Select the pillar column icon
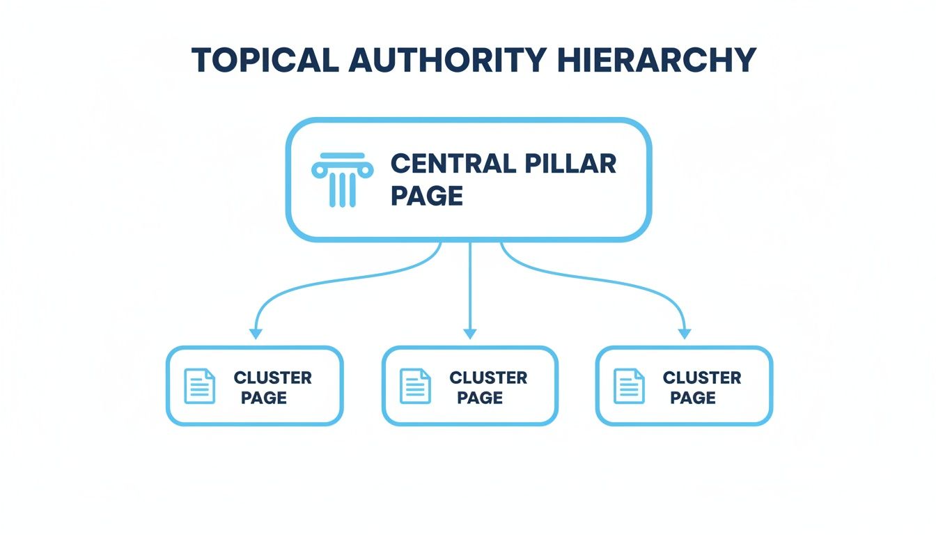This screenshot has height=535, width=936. click(x=342, y=180)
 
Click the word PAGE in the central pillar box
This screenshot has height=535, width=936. click(x=426, y=196)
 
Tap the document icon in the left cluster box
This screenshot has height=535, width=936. click(x=199, y=386)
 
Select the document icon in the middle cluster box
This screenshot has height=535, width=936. click(x=415, y=386)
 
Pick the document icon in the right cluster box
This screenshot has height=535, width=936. click(x=629, y=386)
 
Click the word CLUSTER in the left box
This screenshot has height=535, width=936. click(x=272, y=378)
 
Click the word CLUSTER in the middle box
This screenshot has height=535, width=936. click(x=488, y=378)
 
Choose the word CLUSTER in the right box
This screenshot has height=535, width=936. click(x=702, y=378)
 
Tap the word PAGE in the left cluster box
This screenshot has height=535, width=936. click(x=264, y=398)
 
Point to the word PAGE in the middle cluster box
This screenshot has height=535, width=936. click(x=480, y=398)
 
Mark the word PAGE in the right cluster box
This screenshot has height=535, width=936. click(x=693, y=398)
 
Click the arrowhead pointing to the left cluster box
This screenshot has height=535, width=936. click(x=256, y=332)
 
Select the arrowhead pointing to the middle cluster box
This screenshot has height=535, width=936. click(x=470, y=332)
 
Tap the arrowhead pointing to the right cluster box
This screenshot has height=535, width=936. click(x=685, y=332)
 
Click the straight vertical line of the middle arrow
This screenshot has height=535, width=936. click(x=470, y=286)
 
